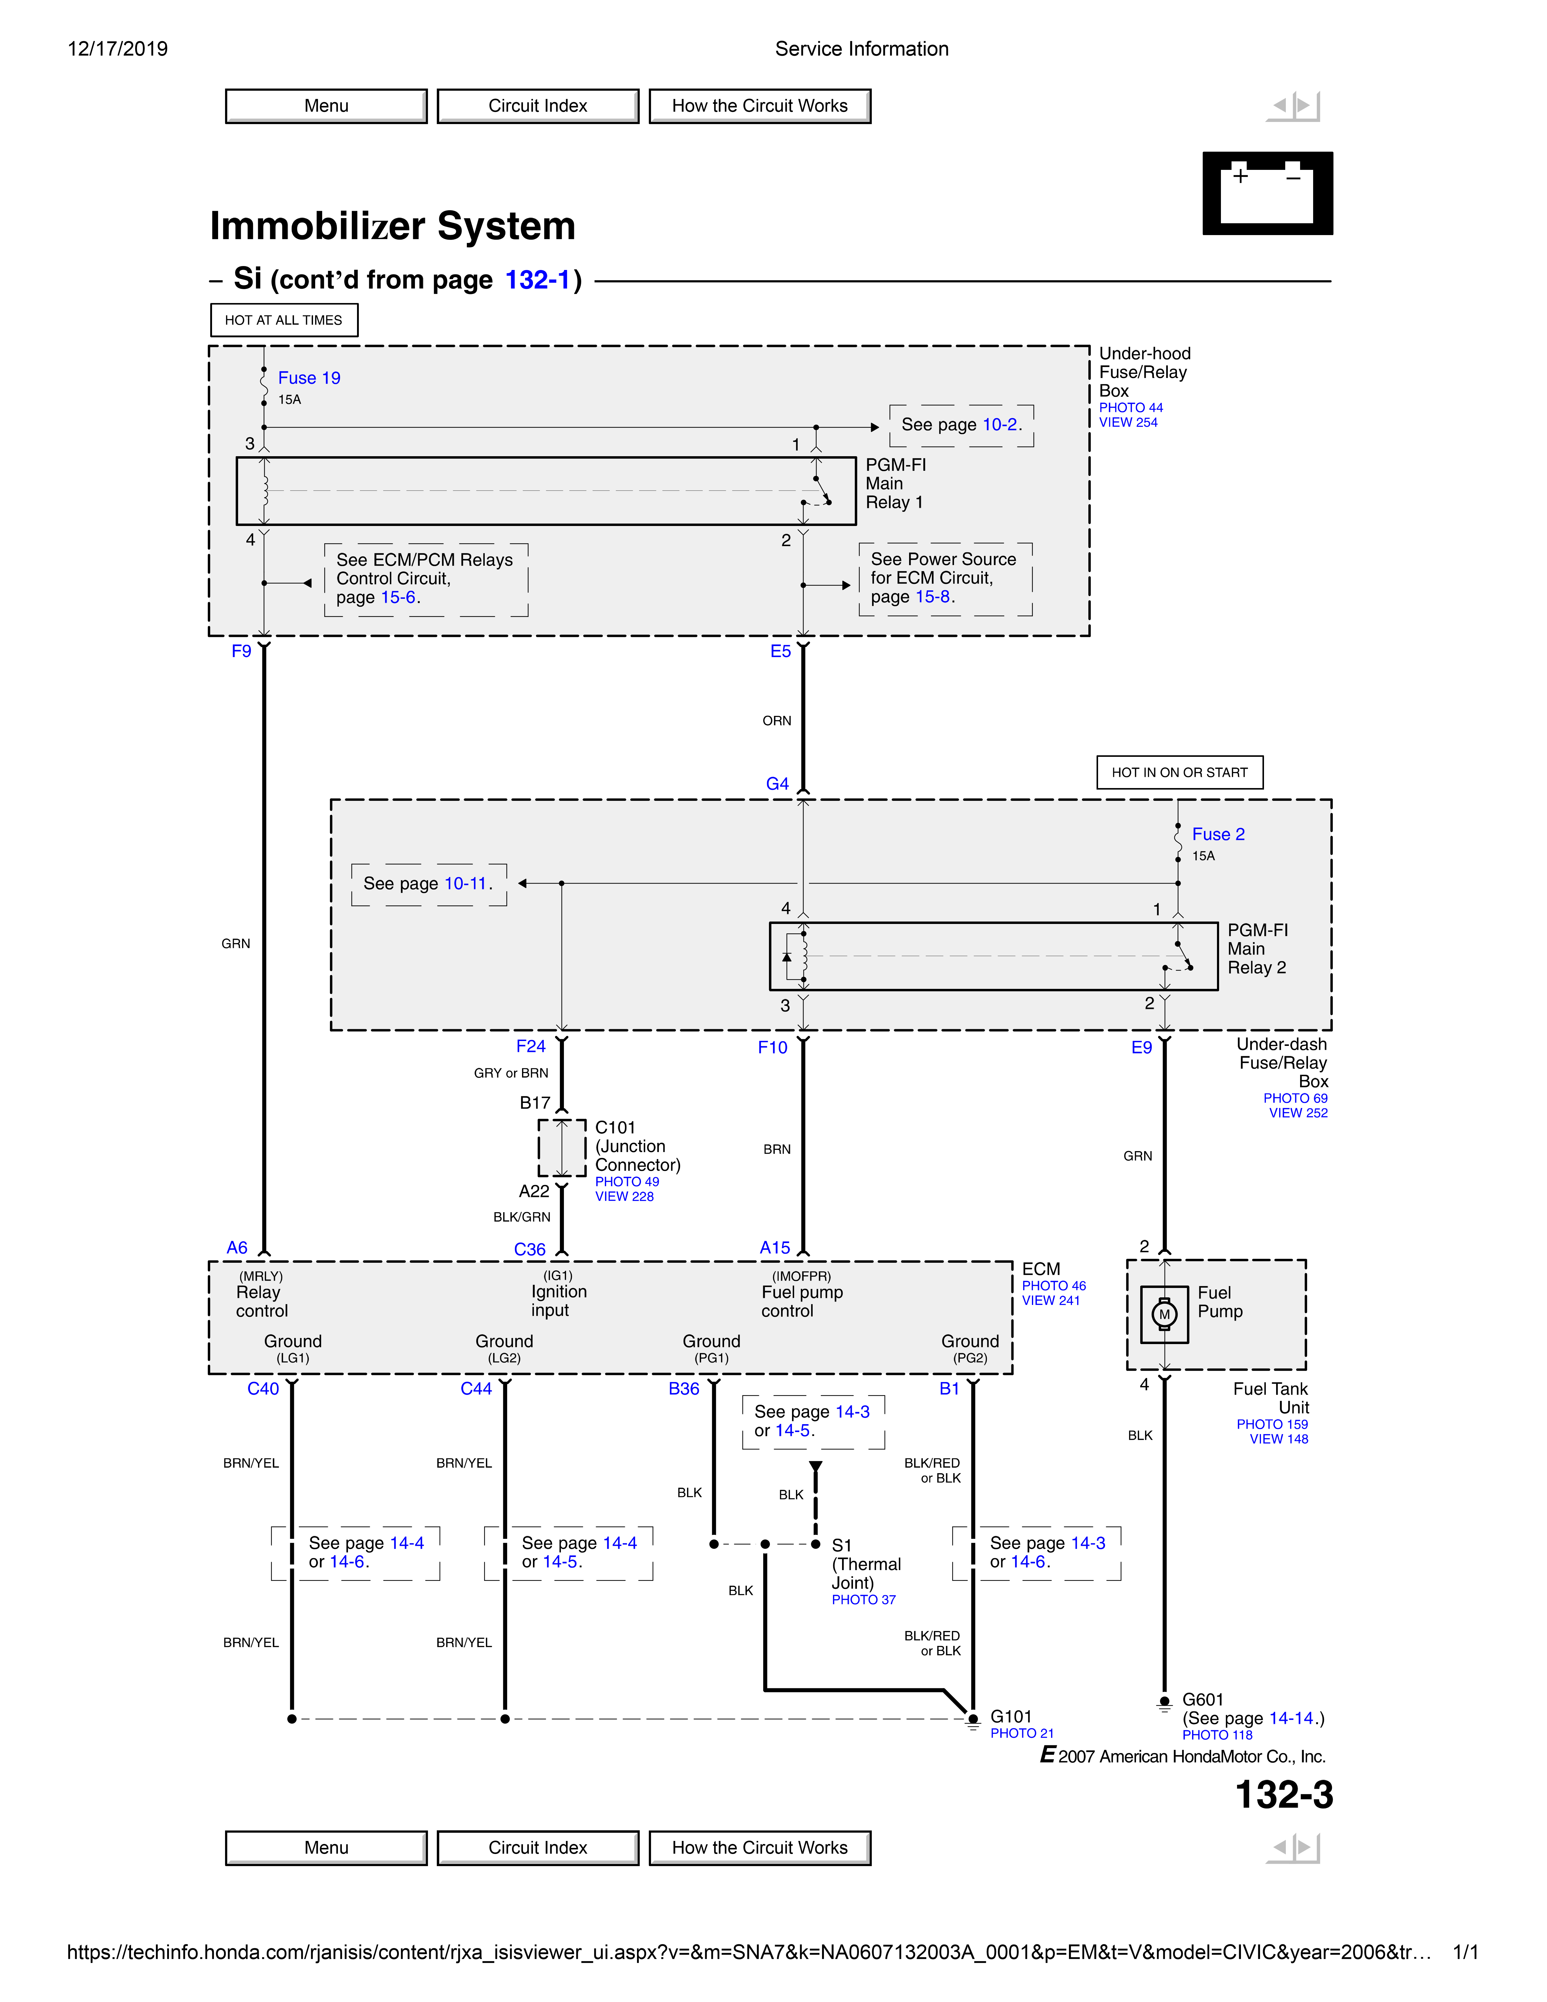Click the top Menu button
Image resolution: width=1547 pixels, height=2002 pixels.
click(x=326, y=106)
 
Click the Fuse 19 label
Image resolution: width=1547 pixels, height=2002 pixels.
click(x=309, y=378)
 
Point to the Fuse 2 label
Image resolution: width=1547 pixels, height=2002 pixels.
click(x=1218, y=834)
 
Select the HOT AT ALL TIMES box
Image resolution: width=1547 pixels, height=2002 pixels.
click(x=284, y=320)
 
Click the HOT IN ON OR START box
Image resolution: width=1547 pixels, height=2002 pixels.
click(x=1179, y=772)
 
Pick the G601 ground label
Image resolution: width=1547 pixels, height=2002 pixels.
click(x=1202, y=1700)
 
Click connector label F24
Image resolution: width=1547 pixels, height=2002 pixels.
click(x=531, y=1046)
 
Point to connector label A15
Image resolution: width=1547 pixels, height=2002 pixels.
click(x=774, y=1248)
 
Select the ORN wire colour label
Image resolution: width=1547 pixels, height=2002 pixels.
click(x=776, y=720)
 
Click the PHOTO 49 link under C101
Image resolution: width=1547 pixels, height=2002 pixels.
click(x=627, y=1181)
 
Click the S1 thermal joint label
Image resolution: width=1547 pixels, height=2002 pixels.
click(x=841, y=1545)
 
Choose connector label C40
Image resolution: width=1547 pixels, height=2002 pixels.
click(x=263, y=1389)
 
